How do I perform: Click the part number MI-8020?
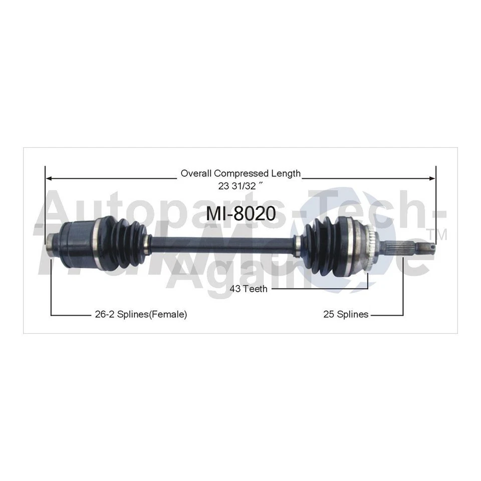[241, 213]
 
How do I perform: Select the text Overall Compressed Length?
[241, 173]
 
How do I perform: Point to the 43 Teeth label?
[249, 289]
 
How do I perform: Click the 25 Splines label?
[346, 315]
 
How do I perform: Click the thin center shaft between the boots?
[220, 243]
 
